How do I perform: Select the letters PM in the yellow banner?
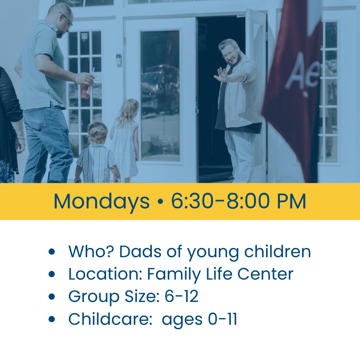tap(292, 201)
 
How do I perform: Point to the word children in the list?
tap(277, 251)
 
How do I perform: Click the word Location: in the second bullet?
tap(105, 274)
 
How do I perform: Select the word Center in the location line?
tap(265, 274)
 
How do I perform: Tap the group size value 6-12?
tap(181, 296)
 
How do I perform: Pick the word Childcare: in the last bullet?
tap(110, 319)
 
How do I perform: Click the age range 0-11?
tap(222, 319)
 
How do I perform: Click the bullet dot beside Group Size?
tap(52, 296)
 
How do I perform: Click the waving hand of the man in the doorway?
tap(221, 75)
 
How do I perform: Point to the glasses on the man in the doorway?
tap(229, 54)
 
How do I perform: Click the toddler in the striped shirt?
tap(97, 153)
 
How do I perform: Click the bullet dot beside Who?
tap(52, 252)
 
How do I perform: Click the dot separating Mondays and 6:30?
tap(160, 201)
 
